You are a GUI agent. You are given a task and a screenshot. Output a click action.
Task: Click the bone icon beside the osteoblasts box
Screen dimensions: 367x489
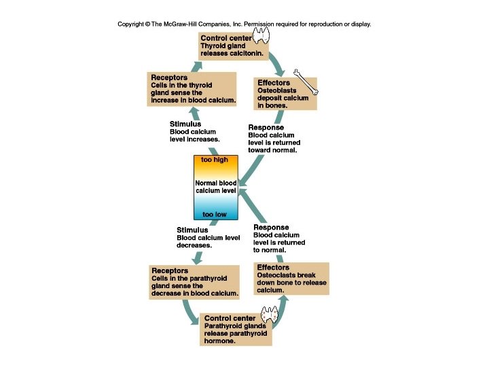pyautogui.click(x=306, y=81)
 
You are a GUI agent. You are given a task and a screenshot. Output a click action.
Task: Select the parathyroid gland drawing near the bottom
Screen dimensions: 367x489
pyautogui.click(x=271, y=314)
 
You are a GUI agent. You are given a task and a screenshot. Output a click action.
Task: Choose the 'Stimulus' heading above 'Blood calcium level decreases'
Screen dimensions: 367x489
pyautogui.click(x=192, y=230)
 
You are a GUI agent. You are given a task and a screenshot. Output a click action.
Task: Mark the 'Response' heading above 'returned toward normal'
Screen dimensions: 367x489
pyautogui.click(x=266, y=128)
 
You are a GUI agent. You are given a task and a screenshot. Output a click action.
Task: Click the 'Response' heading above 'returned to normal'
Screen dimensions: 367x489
pyautogui.click(x=271, y=228)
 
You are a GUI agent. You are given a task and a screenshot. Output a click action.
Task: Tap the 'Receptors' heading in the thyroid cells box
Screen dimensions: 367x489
pyautogui.click(x=169, y=77)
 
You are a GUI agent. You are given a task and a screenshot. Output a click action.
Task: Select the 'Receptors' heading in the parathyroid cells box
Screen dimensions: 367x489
pyautogui.click(x=170, y=270)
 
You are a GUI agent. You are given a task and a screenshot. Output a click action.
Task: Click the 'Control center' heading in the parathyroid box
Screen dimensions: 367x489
pyautogui.click(x=230, y=318)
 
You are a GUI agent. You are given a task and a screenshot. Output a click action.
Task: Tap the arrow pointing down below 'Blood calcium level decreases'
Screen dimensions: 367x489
pyautogui.click(x=198, y=256)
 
